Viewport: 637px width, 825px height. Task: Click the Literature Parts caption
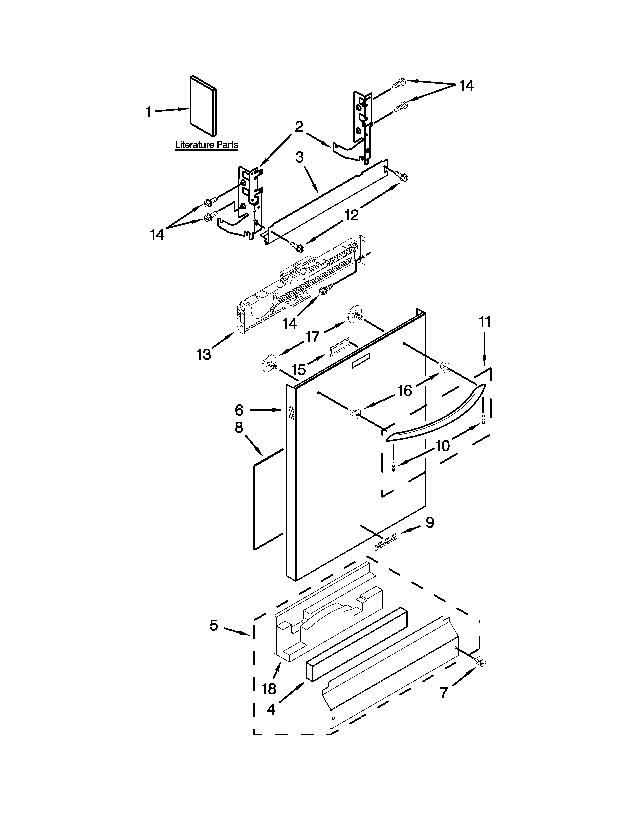(206, 145)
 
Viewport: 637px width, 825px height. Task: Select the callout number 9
(429, 522)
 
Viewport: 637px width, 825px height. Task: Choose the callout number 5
(214, 625)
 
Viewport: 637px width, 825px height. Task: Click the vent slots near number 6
(290, 413)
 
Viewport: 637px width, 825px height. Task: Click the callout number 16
(404, 391)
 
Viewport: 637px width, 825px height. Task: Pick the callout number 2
(299, 127)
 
